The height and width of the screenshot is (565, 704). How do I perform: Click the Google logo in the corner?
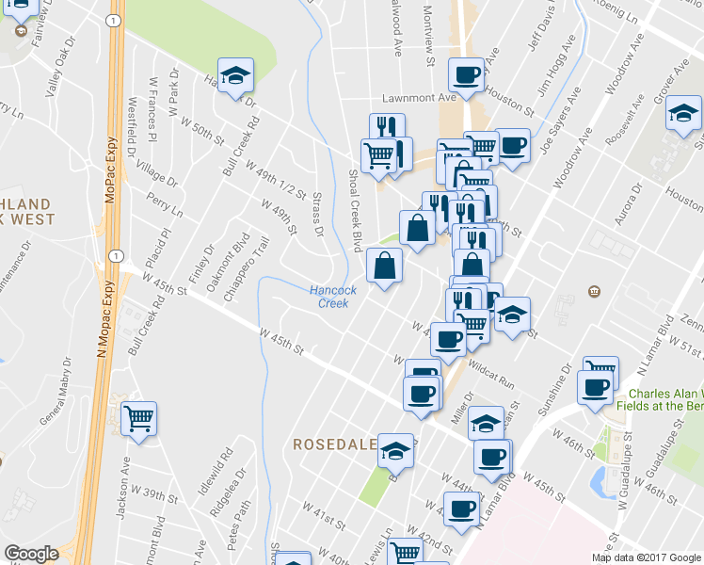pos(31,554)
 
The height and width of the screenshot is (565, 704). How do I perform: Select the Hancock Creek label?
pos(333,297)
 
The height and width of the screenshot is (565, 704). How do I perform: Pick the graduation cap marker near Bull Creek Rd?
pos(235,73)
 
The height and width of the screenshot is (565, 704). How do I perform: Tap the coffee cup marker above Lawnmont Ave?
pos(466,73)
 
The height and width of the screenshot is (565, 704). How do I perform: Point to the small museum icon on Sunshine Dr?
pos(593,289)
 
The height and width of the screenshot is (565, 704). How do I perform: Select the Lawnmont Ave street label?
pos(419,97)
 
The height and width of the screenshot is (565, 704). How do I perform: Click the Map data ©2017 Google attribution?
pos(645,557)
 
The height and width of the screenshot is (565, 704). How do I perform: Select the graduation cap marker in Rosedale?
pos(396,451)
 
